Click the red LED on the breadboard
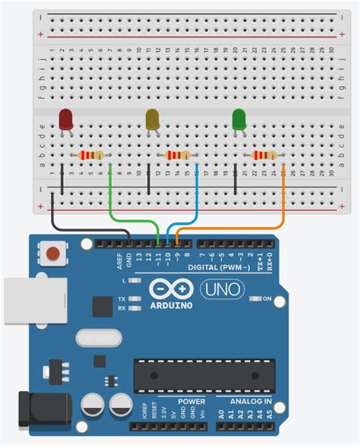pyautogui.click(x=66, y=119)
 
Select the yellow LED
pyautogui.click(x=153, y=119)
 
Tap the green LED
pyautogui.click(x=239, y=119)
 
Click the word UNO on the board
pyautogui.click(x=222, y=289)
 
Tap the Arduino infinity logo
pyautogui.click(x=172, y=289)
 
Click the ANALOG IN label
pyautogui.click(x=244, y=400)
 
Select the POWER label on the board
pyautogui.click(x=191, y=400)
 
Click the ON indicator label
pyautogui.click(x=267, y=298)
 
